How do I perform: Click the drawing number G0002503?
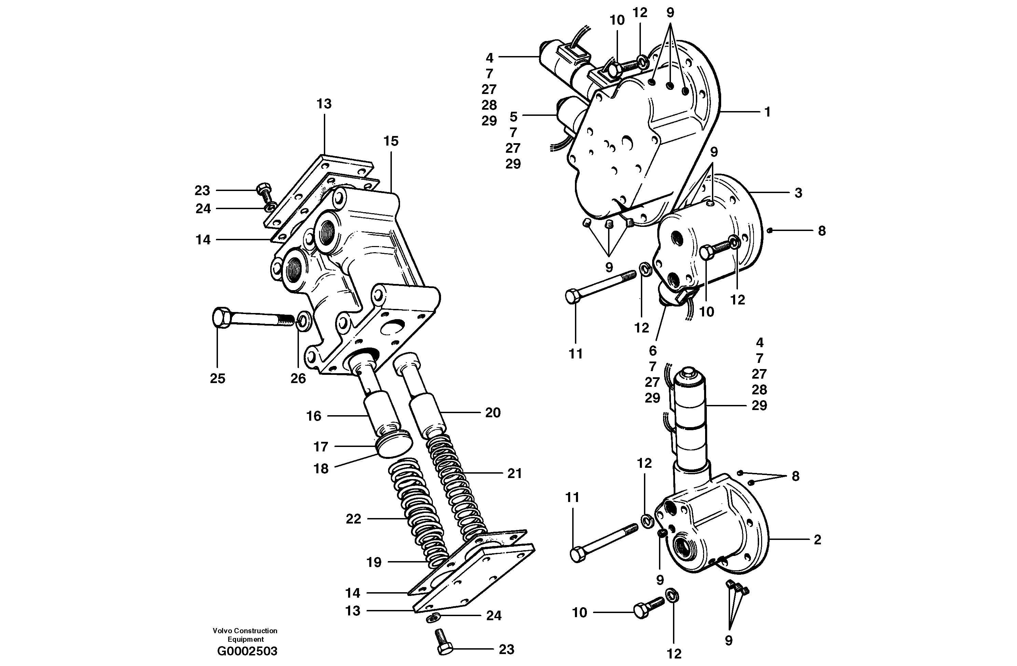[247, 651]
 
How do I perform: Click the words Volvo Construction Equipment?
[245, 635]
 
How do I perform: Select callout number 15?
[390, 141]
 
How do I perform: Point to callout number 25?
[218, 378]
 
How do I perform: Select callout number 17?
[320, 447]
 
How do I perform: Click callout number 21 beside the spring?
[514, 473]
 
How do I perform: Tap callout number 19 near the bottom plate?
[374, 562]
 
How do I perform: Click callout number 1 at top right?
[768, 112]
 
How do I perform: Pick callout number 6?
[652, 351]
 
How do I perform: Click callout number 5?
[513, 116]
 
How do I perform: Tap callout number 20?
[493, 412]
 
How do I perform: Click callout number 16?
[314, 416]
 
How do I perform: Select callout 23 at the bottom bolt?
[506, 649]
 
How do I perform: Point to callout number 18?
[321, 468]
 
